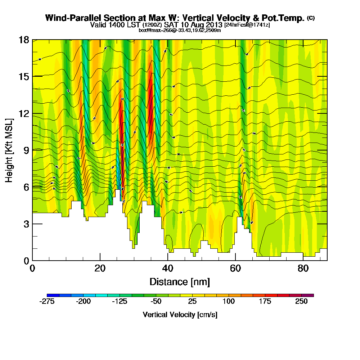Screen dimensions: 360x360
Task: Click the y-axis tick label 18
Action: point(24,40)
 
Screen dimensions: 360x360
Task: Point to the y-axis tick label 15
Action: point(24,76)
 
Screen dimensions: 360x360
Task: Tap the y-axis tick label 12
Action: point(24,113)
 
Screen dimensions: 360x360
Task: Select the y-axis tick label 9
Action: point(26,150)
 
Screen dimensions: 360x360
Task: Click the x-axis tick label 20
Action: point(100,268)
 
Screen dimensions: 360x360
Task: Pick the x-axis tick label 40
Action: point(168,268)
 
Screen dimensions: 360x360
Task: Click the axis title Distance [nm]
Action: point(180,282)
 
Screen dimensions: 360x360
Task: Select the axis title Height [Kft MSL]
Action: point(9,150)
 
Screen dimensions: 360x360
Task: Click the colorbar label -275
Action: point(46,302)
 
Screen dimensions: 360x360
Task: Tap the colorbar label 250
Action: point(302,302)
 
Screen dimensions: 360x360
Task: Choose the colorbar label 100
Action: point(229,302)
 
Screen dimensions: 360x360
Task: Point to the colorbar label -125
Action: point(119,302)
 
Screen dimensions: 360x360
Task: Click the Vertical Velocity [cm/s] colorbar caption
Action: point(180,315)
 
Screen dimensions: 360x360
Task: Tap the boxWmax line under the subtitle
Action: point(180,30)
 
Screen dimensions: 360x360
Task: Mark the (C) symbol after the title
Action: point(311,18)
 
